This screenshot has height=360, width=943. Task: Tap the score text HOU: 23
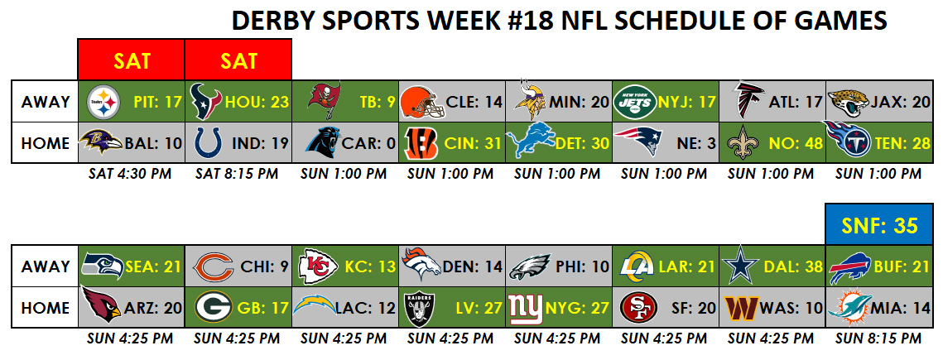click(x=257, y=102)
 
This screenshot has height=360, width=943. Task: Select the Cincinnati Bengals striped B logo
click(x=421, y=143)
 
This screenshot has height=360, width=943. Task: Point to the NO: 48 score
click(x=790, y=144)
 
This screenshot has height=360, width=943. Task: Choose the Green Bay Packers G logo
click(x=214, y=307)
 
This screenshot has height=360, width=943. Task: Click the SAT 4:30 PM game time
click(x=130, y=174)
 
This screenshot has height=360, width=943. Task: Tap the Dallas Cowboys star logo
click(x=739, y=266)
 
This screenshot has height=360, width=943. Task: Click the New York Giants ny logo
click(x=527, y=309)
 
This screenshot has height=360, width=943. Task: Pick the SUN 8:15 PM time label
click(x=878, y=338)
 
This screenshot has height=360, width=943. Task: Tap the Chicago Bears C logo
click(x=212, y=266)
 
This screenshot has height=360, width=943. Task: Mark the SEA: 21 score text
click(x=153, y=266)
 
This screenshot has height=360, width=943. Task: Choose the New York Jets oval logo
click(x=634, y=102)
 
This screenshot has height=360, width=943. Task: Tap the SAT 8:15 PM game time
click(x=236, y=174)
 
